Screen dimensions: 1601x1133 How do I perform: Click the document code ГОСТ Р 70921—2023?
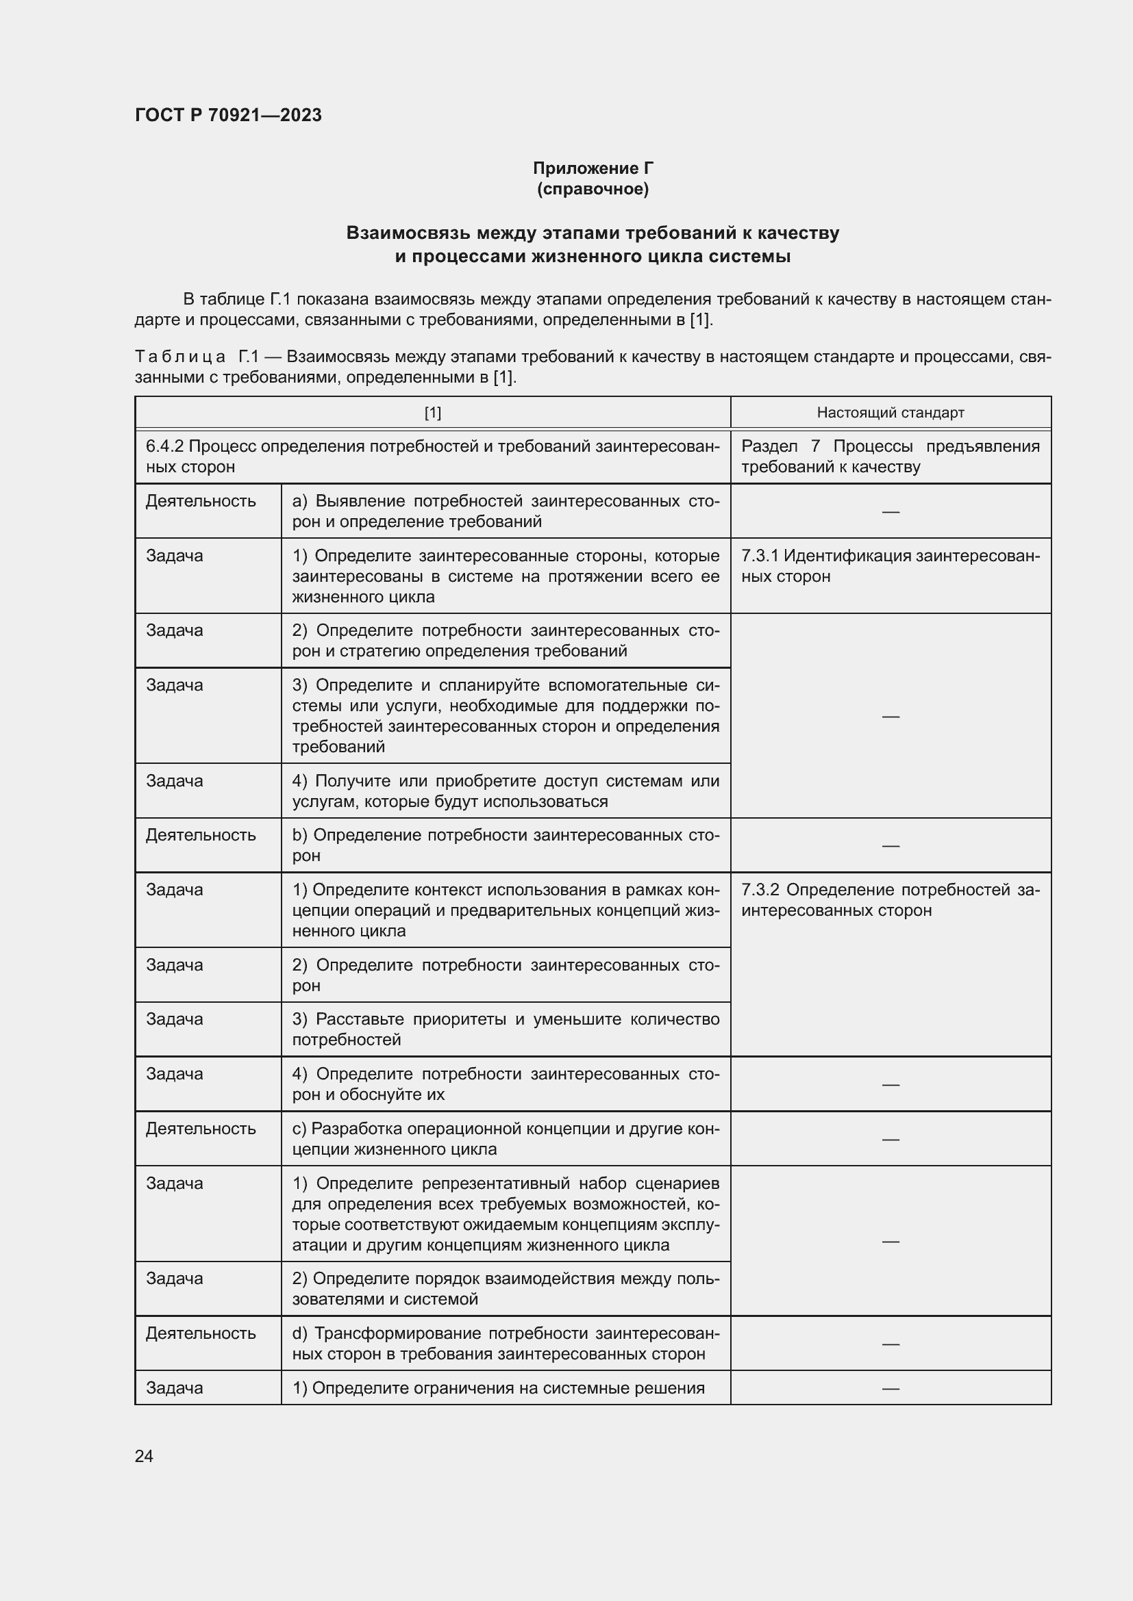click(228, 115)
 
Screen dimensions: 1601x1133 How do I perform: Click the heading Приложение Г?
click(593, 168)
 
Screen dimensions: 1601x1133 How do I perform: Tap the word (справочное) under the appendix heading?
click(593, 189)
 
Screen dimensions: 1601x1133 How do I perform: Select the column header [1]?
click(432, 413)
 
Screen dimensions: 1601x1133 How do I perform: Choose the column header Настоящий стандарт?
click(891, 413)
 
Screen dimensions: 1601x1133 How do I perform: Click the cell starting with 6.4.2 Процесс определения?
click(432, 457)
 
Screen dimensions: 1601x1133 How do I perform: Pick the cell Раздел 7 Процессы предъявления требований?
click(891, 457)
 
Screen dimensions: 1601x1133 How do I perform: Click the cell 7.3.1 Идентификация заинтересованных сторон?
click(891, 566)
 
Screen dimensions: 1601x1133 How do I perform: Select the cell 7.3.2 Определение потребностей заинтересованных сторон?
click(891, 900)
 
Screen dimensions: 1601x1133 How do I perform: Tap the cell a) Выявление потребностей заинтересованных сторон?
click(505, 511)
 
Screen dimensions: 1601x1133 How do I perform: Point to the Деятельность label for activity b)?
click(201, 835)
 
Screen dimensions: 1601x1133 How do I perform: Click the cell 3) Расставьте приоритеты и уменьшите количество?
click(505, 1029)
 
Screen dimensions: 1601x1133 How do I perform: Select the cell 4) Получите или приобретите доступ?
click(505, 791)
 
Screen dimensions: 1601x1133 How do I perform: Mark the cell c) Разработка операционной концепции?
click(505, 1139)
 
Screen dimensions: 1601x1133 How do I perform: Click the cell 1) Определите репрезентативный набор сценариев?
click(505, 1214)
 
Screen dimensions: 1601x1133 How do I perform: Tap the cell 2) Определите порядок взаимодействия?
click(505, 1289)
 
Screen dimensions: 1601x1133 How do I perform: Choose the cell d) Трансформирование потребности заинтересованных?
click(505, 1343)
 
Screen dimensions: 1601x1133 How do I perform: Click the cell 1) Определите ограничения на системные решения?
click(498, 1387)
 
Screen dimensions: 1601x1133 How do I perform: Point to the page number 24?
click(144, 1456)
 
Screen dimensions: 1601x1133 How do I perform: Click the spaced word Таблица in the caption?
click(180, 357)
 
